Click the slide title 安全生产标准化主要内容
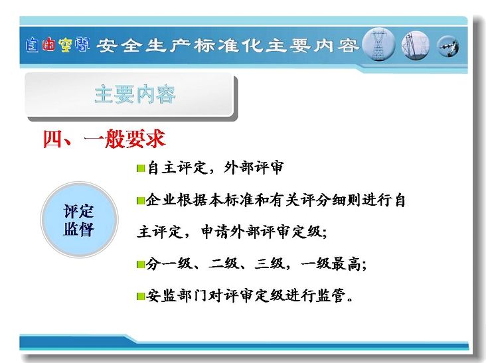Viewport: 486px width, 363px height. pos(228,46)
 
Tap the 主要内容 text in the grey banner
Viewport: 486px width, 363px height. pos(135,94)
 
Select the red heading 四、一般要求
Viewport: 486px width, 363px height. pos(104,139)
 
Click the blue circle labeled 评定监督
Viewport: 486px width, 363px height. pos(80,220)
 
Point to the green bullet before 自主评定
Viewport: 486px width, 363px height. pos(141,169)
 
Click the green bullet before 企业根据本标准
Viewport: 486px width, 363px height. pos(141,200)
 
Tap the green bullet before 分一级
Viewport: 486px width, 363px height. pos(141,265)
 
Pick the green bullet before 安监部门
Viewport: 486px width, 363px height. pos(141,297)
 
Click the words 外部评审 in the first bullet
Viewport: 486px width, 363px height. pos(253,167)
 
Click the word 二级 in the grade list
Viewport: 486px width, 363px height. pos(222,264)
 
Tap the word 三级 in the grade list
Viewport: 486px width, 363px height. pos(269,264)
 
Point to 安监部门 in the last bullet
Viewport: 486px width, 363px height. pos(177,295)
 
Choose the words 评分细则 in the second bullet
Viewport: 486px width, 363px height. pos(331,200)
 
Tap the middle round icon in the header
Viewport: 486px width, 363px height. pos(416,45)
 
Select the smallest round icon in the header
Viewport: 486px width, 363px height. pos(448,46)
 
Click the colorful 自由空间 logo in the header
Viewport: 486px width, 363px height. pos(58,45)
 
